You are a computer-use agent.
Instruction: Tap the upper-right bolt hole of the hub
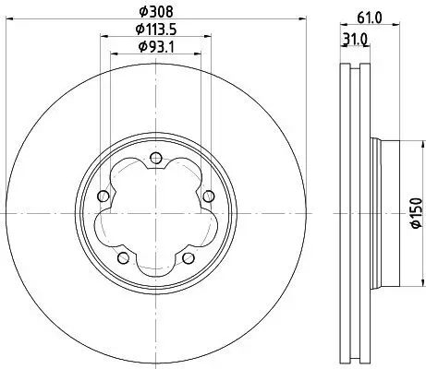tap(207, 195)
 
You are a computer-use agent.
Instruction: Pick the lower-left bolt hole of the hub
tap(122, 256)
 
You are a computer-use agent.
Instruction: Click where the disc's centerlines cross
tap(154, 212)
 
